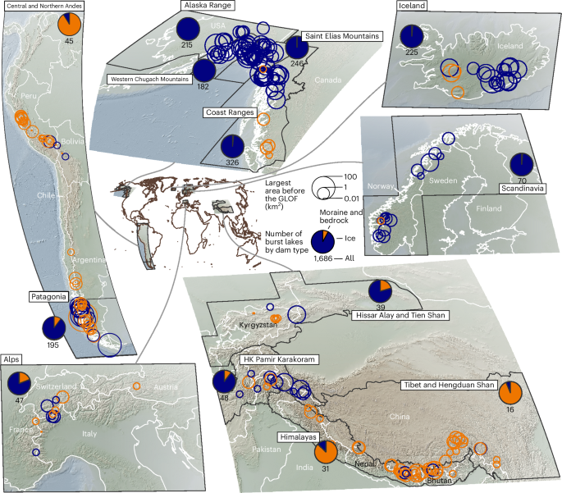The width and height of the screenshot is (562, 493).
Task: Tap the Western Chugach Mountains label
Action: point(148,79)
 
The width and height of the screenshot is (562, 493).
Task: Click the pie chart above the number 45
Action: point(70,21)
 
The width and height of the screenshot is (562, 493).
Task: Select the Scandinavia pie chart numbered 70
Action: point(520,163)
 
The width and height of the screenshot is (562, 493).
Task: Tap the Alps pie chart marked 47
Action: point(19,383)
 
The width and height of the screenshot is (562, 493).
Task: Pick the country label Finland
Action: point(490,208)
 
